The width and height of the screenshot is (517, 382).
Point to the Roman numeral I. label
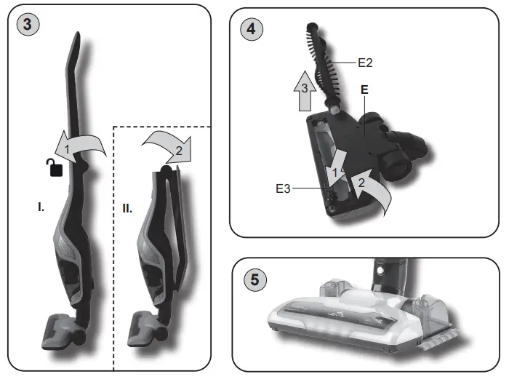(x=41, y=207)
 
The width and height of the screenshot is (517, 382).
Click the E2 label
(x=365, y=63)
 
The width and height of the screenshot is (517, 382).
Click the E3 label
(x=284, y=188)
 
